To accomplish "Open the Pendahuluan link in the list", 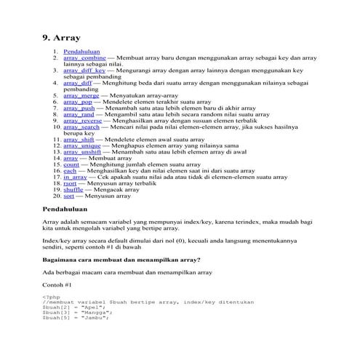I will coord(81,52).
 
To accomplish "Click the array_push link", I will coord(79,108).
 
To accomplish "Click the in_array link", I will coord(75,177).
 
